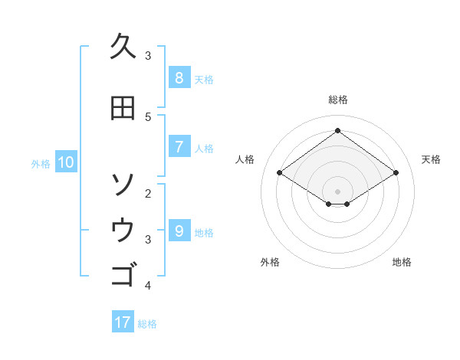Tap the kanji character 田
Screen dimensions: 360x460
[x=123, y=108]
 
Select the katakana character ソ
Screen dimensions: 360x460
[x=123, y=184]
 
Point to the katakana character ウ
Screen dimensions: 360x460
[x=123, y=229]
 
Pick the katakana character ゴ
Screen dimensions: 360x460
[x=123, y=273]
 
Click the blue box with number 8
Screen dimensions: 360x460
[x=179, y=78]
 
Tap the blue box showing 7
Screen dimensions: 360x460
[x=179, y=147]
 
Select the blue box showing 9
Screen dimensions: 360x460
[x=179, y=231]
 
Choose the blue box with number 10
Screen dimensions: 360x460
[x=65, y=162]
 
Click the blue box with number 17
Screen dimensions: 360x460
[x=123, y=322]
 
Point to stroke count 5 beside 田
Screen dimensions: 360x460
[x=148, y=116]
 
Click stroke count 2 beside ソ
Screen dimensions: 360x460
[x=148, y=193]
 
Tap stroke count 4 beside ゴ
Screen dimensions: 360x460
[x=148, y=286]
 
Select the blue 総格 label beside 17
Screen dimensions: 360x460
[x=147, y=324]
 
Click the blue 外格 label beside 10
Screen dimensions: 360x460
[x=41, y=163]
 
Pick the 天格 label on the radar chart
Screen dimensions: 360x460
[x=432, y=159]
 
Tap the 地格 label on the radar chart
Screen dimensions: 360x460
[x=402, y=262]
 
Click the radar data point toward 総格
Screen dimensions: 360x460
[x=337, y=130]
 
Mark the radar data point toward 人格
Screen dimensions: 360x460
[x=280, y=173]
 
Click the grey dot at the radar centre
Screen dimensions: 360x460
[x=337, y=191]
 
